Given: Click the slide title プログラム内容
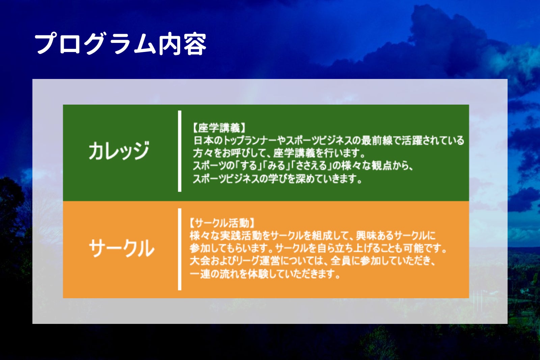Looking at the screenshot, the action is (120, 44).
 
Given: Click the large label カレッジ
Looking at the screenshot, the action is (119, 151).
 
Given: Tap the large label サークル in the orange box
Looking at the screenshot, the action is (122, 248).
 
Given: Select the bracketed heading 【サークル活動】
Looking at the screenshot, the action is (222, 223).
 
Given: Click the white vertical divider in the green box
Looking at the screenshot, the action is (180, 151).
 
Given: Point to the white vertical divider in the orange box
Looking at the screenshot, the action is (180, 249).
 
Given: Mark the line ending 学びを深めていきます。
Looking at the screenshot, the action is (277, 178).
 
